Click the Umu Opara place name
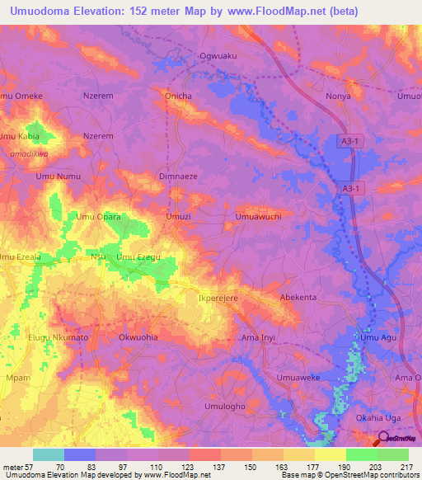[99, 217]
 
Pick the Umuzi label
[179, 217]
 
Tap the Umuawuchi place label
[260, 217]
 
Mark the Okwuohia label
[139, 337]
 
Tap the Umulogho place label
[224, 407]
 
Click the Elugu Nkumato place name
[59, 337]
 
